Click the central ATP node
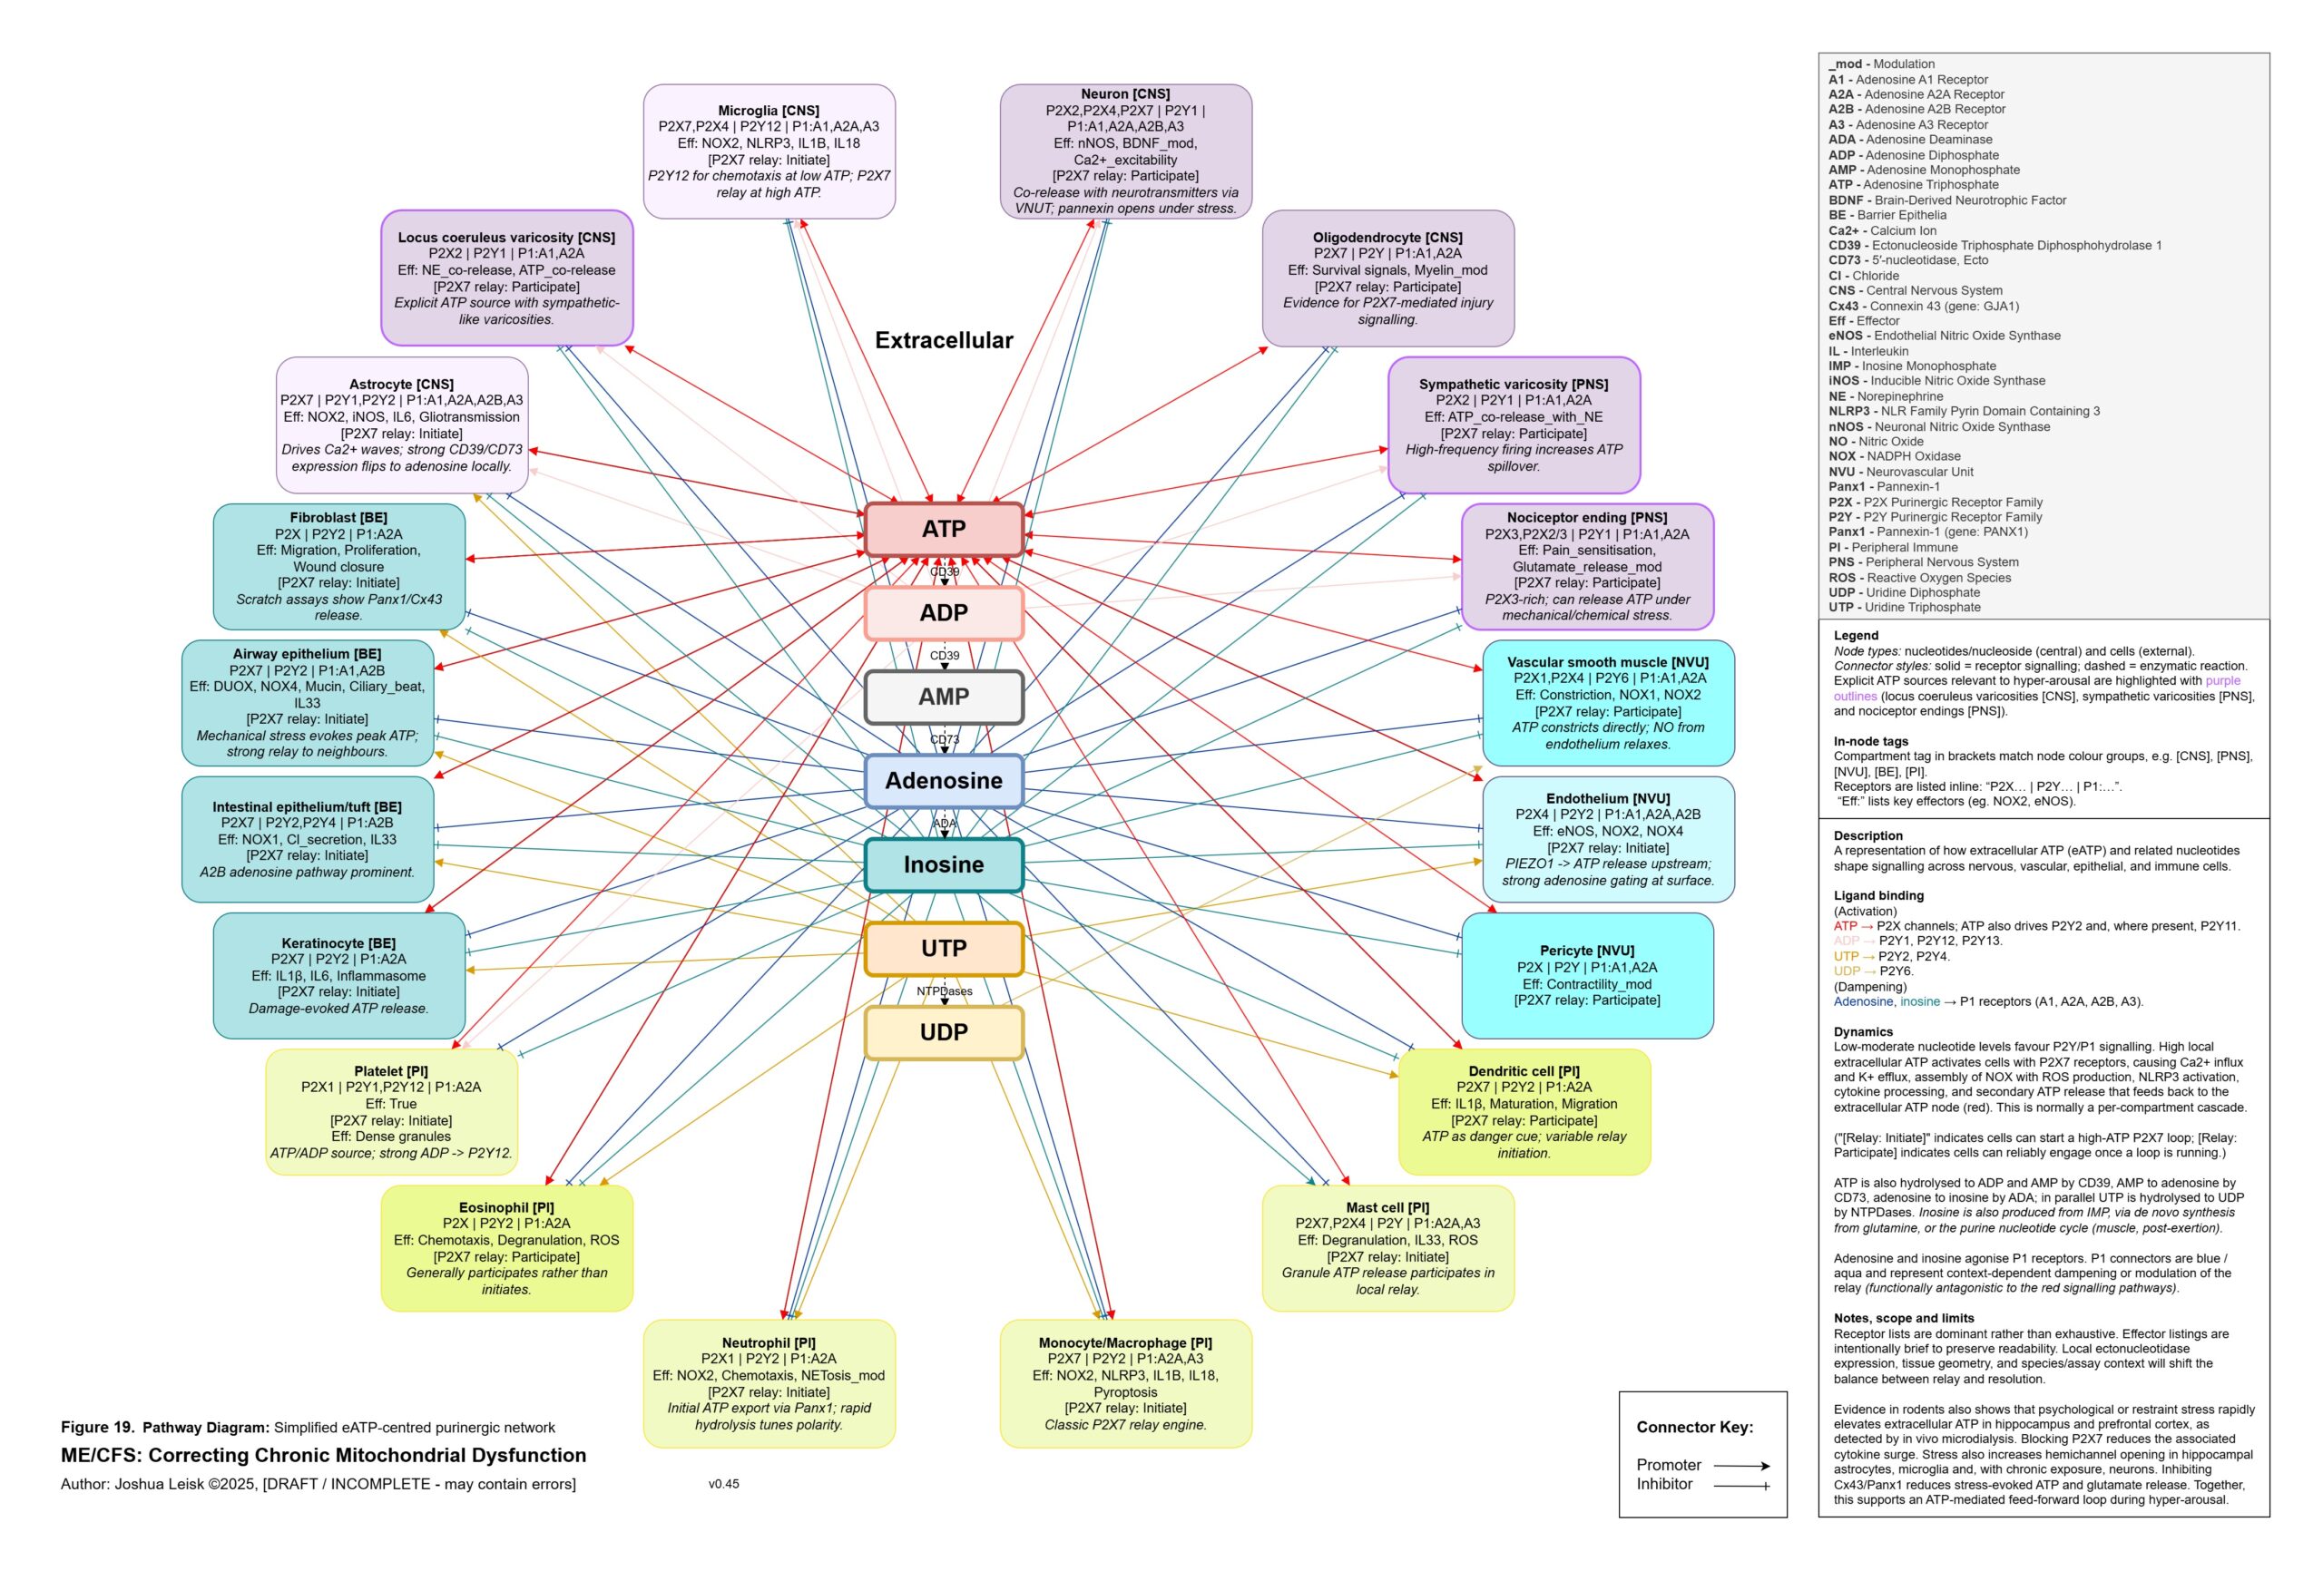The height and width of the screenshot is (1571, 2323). click(x=943, y=529)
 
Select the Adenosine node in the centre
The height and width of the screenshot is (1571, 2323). click(x=943, y=780)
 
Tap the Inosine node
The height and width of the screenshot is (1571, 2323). click(x=943, y=864)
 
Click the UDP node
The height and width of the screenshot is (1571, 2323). click(x=943, y=1032)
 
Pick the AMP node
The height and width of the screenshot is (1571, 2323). click(x=943, y=697)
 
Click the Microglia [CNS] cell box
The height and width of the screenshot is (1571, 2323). click(x=769, y=151)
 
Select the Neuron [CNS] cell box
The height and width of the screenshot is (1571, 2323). click(x=1125, y=151)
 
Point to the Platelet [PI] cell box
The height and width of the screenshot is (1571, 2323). click(x=391, y=1111)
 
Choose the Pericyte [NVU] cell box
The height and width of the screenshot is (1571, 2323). click(x=1586, y=975)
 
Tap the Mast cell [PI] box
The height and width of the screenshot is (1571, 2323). click(x=1387, y=1247)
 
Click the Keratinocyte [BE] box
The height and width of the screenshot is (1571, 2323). click(x=338, y=975)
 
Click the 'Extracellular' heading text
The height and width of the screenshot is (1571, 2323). click(x=944, y=341)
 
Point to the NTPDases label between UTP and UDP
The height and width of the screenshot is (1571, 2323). click(x=944, y=991)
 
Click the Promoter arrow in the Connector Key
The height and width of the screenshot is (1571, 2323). click(x=1741, y=1466)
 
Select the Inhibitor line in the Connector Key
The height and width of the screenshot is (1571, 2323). click(x=1741, y=1486)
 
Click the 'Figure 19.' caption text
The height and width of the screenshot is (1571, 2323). click(x=97, y=1427)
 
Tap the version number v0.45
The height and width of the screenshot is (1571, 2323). click(x=724, y=1484)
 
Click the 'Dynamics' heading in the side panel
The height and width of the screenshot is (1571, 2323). click(x=1862, y=1032)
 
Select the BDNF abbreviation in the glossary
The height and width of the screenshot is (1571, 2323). click(x=1845, y=200)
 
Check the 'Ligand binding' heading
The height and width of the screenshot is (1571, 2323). click(x=1878, y=895)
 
